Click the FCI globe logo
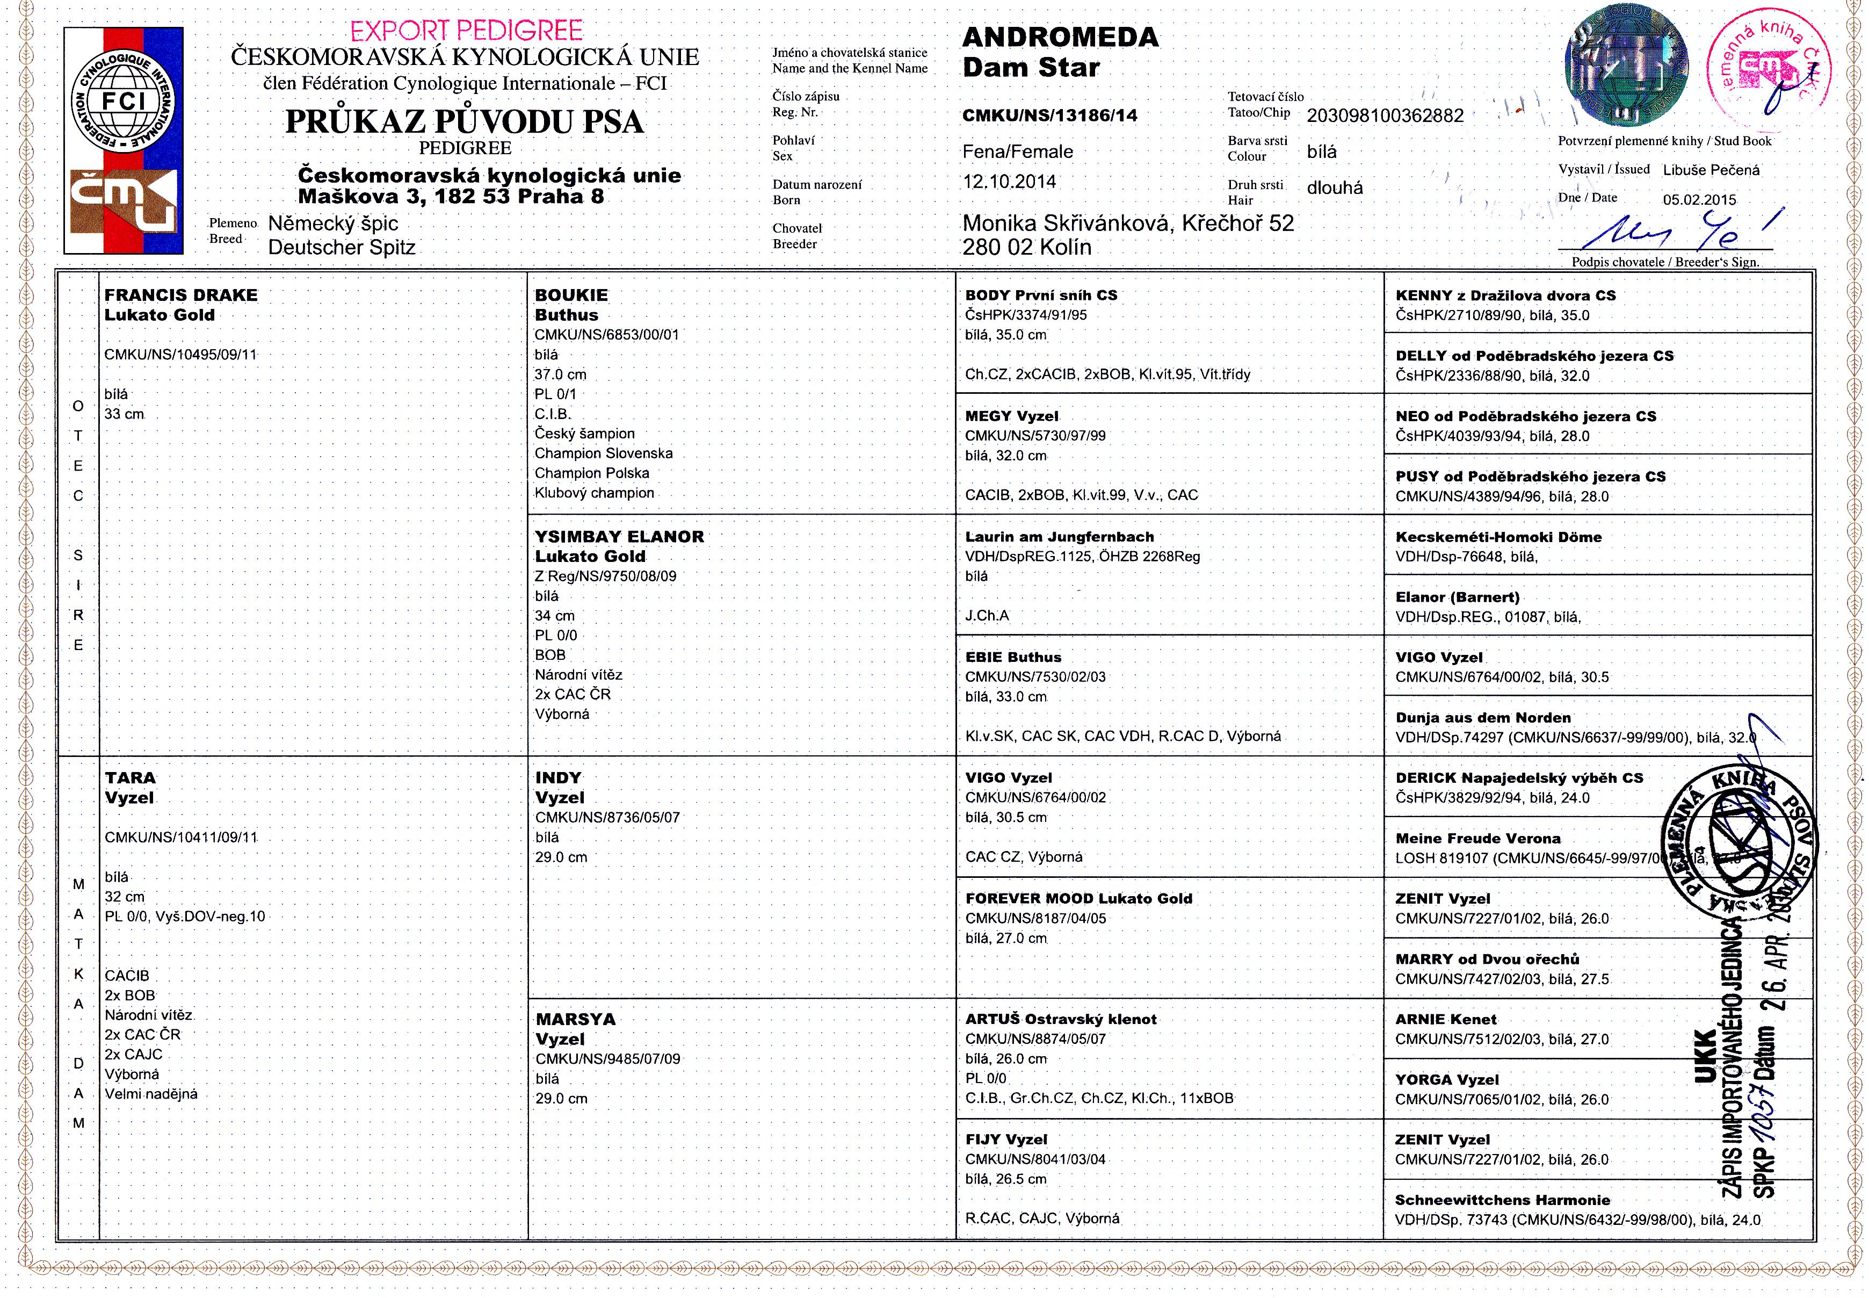tap(124, 101)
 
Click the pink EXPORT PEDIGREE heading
tap(466, 31)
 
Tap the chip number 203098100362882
tap(1385, 116)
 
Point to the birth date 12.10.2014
tap(1009, 182)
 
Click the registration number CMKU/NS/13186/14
tap(1049, 116)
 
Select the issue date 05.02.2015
tap(1699, 200)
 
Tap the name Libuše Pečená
tap(1711, 170)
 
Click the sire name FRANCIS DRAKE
tap(180, 295)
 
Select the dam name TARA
tap(130, 777)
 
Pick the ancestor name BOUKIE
tap(571, 295)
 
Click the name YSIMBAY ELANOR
tap(619, 537)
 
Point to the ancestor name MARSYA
tap(575, 1019)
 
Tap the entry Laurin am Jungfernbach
tap(1059, 537)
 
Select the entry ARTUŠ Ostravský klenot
tap(1060, 1019)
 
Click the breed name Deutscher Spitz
tap(342, 247)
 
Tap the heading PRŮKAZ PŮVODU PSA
tap(464, 122)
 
